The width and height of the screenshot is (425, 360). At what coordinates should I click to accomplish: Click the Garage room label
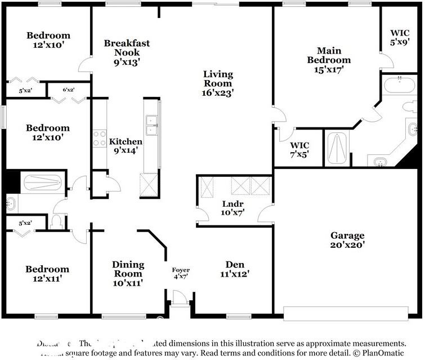pos(347,240)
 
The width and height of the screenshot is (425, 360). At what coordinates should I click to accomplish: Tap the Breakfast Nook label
pos(127,52)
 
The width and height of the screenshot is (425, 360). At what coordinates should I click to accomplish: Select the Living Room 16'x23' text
pos(218,83)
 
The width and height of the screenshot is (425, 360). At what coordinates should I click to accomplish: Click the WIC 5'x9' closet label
pos(400,37)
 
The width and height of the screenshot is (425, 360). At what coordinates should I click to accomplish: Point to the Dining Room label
pos(128,273)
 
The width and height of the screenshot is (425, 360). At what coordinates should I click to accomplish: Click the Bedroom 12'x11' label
pos(47,273)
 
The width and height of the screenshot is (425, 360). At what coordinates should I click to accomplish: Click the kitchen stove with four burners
pos(100,139)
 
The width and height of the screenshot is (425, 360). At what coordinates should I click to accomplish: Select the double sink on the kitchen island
pos(151,126)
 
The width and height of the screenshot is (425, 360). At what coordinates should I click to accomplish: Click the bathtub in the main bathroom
pos(399,86)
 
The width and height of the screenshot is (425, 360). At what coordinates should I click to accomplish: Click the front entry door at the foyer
pos(180,299)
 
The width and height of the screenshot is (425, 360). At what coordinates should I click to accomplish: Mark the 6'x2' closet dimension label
pos(68,90)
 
